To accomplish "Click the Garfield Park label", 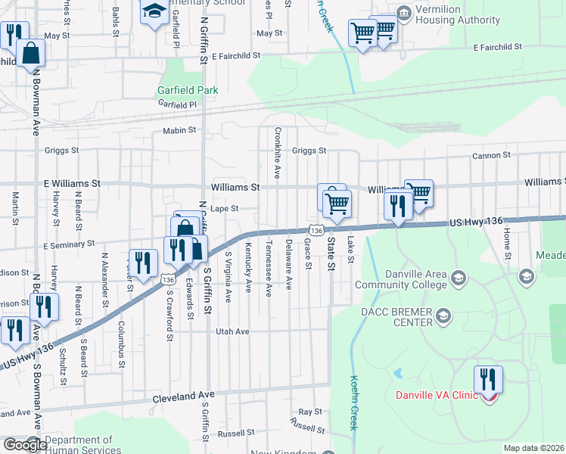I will coord(188,90).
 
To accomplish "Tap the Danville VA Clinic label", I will coord(437,395).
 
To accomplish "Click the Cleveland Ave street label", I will coord(183,396).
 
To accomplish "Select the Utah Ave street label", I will coord(232,331).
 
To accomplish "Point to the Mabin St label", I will coord(179,130).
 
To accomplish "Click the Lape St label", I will coord(225,209).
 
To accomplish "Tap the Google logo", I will coord(25,445).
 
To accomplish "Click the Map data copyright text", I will coord(534,448).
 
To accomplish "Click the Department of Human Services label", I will coord(79,445).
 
